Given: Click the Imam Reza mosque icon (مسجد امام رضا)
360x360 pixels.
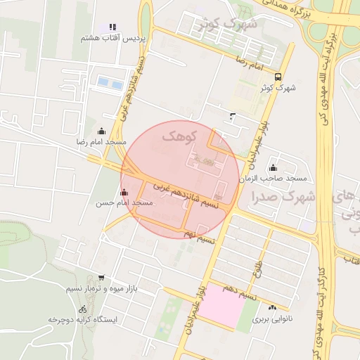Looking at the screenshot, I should pyautogui.click(x=101, y=131).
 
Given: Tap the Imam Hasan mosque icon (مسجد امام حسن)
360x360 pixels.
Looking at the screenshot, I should pyautogui.click(x=124, y=192).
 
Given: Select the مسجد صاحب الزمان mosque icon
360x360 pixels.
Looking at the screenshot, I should pyautogui.click(x=273, y=168).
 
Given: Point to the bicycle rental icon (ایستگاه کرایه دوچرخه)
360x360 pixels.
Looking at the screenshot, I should pyautogui.click(x=83, y=309).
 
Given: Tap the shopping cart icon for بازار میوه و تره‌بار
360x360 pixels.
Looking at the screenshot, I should pyautogui.click(x=102, y=278).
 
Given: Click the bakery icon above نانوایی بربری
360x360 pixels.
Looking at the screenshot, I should pyautogui.click(x=272, y=307).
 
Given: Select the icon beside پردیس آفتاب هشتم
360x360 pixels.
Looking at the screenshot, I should pyautogui.click(x=112, y=27).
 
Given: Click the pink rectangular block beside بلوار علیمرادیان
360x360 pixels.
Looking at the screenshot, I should pyautogui.click(x=220, y=305).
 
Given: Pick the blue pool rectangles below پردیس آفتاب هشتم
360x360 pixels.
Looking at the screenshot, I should pyautogui.click(x=110, y=83).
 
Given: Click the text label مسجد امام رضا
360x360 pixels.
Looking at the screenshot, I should pyautogui.click(x=102, y=142).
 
